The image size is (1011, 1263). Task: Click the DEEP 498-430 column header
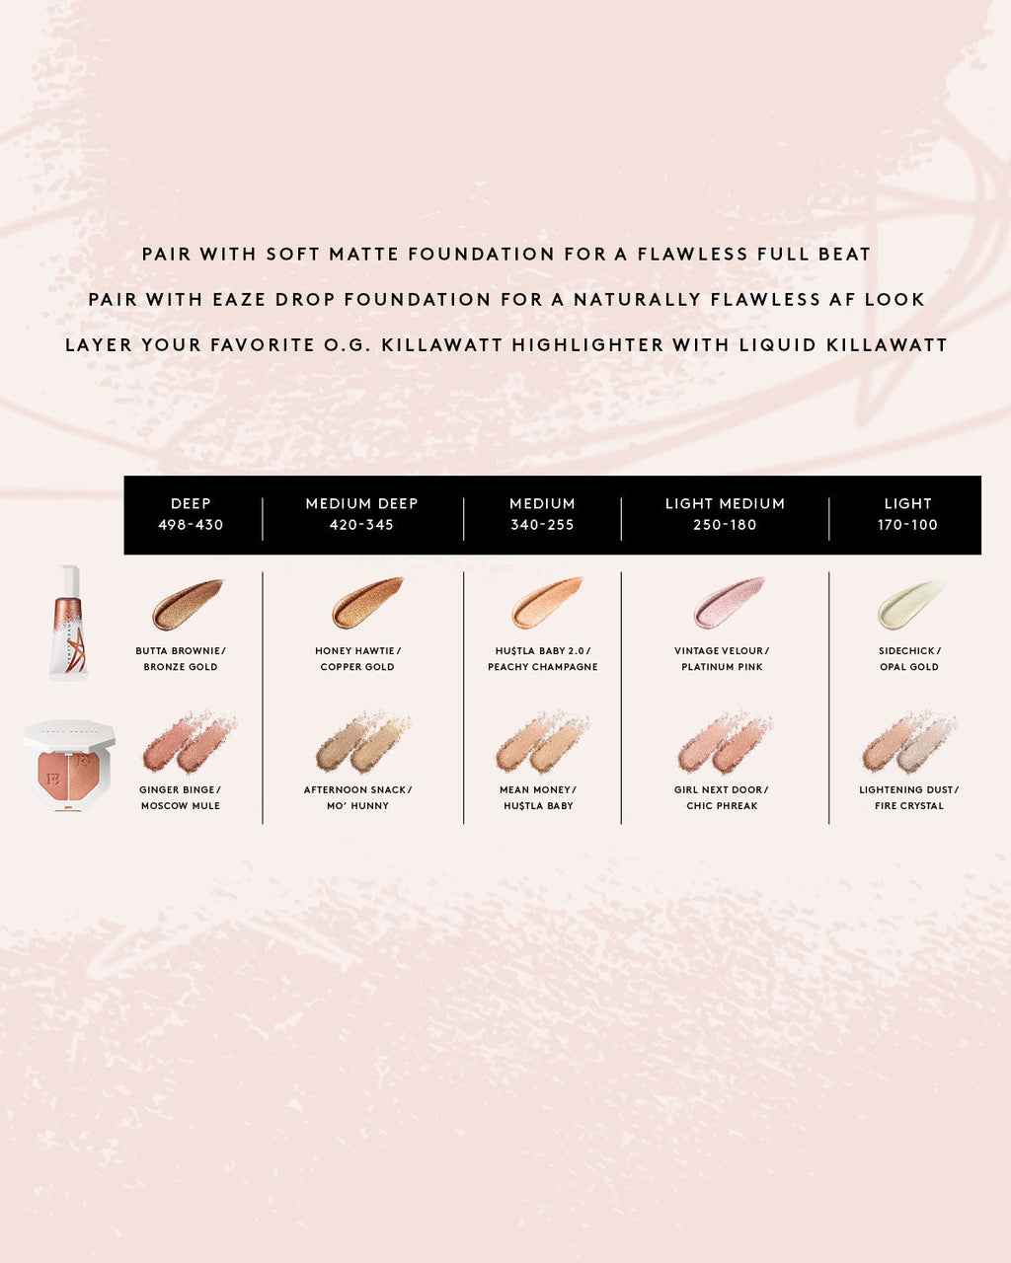pyautogui.click(x=191, y=514)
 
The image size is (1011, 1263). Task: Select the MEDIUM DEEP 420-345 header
pyautogui.click(x=361, y=514)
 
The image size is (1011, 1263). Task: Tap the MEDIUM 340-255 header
pyautogui.click(x=542, y=514)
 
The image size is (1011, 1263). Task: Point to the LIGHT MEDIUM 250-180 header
pyautogui.click(x=725, y=514)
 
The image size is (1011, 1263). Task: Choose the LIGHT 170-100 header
pyautogui.click(x=907, y=514)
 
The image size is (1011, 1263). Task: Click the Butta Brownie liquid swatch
pyautogui.click(x=187, y=604)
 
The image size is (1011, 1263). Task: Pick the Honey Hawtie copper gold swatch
pyautogui.click(x=367, y=603)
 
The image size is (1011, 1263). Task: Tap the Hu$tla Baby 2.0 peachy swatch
pyautogui.click(x=547, y=603)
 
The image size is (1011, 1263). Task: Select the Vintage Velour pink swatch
pyautogui.click(x=729, y=603)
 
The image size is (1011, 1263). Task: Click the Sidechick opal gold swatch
pyautogui.click(x=910, y=604)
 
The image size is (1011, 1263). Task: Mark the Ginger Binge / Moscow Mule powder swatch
pyautogui.click(x=189, y=743)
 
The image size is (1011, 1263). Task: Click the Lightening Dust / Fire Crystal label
pyautogui.click(x=908, y=797)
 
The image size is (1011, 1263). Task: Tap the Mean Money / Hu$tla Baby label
pyautogui.click(x=538, y=797)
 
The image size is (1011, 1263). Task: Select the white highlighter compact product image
pyautogui.click(x=69, y=765)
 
